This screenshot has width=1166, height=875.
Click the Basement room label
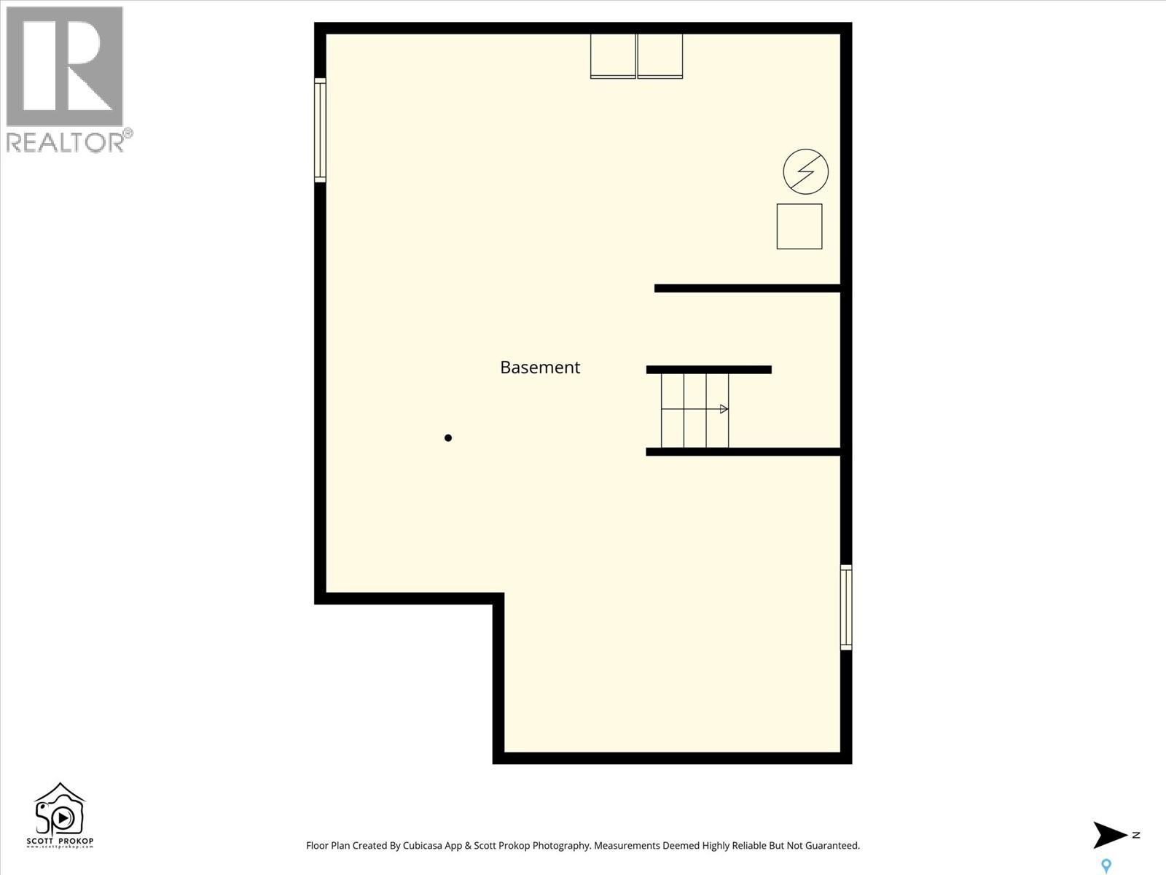tap(540, 367)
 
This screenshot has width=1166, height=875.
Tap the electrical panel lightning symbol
tap(805, 172)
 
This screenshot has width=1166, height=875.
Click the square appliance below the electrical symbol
tap(799, 227)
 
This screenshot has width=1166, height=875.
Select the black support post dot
tap(448, 438)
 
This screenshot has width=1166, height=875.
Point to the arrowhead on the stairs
tap(724, 409)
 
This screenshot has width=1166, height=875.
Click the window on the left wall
tap(320, 130)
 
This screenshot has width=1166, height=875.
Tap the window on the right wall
tap(846, 607)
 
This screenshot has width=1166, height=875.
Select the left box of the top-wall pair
tap(613, 55)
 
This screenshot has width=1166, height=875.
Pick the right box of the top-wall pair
tap(660, 55)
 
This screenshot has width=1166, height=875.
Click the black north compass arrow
tap(1109, 835)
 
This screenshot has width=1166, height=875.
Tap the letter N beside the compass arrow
tap(1136, 835)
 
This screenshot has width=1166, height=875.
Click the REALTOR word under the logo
tap(66, 142)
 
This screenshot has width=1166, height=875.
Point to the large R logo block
tap(64, 66)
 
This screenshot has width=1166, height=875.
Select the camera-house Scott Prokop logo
tap(60, 815)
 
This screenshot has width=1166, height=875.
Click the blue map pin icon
tap(1106, 866)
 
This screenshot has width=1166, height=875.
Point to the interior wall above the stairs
tap(708, 370)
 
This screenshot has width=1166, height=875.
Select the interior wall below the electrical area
tap(747, 288)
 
